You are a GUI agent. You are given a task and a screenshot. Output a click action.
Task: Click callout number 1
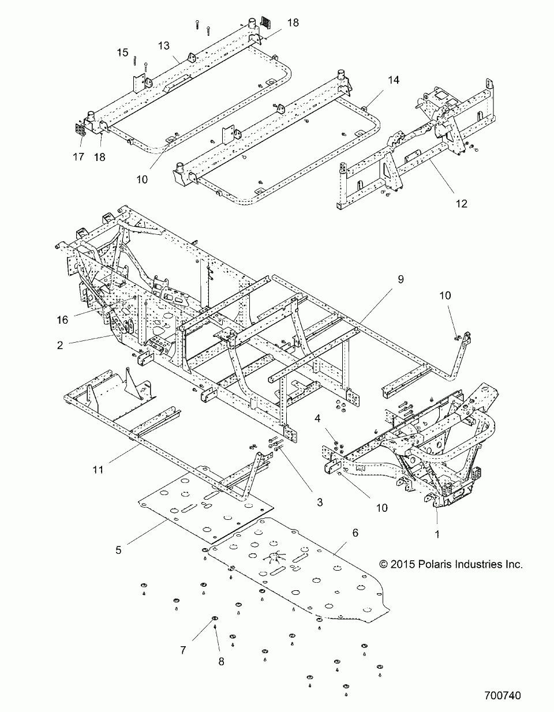[x=437, y=534]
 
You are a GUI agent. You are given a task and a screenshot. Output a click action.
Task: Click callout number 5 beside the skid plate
[x=118, y=550]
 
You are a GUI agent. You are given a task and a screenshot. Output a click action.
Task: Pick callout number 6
[x=355, y=533]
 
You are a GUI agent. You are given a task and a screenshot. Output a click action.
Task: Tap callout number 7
[x=183, y=650]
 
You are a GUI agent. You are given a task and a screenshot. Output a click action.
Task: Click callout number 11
[x=98, y=470]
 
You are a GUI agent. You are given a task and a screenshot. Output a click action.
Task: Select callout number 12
[x=461, y=203]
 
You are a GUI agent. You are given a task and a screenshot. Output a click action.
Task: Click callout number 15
[x=122, y=53]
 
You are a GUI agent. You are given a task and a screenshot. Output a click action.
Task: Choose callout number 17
[x=78, y=156]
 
